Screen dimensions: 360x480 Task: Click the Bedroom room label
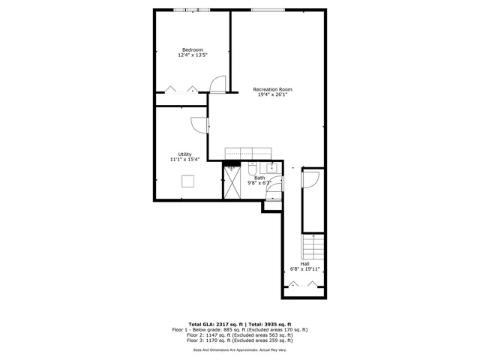coord(192,49)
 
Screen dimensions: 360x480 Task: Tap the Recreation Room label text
coord(272,89)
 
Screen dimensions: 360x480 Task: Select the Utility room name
coord(184,154)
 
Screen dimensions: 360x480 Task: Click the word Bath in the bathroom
coord(259,178)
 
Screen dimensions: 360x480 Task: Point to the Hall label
coord(304,264)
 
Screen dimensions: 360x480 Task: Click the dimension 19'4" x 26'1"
coord(272,95)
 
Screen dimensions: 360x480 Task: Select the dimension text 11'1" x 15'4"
coord(184,160)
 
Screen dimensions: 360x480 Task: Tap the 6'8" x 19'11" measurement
coord(304,269)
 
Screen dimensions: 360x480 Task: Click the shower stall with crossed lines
coord(232,184)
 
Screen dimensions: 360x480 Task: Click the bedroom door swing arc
coord(217,83)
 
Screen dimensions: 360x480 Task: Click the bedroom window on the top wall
coord(192,10)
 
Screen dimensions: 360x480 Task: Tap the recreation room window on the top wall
coord(267,10)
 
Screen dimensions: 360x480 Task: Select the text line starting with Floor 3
coord(240,342)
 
